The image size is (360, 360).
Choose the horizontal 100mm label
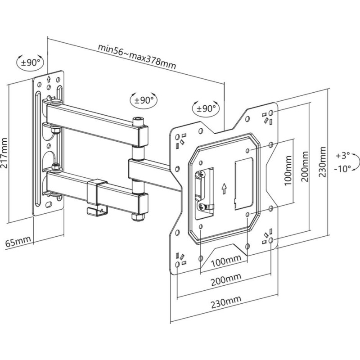coord(224,260)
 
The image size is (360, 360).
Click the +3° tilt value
coord(342,156)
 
